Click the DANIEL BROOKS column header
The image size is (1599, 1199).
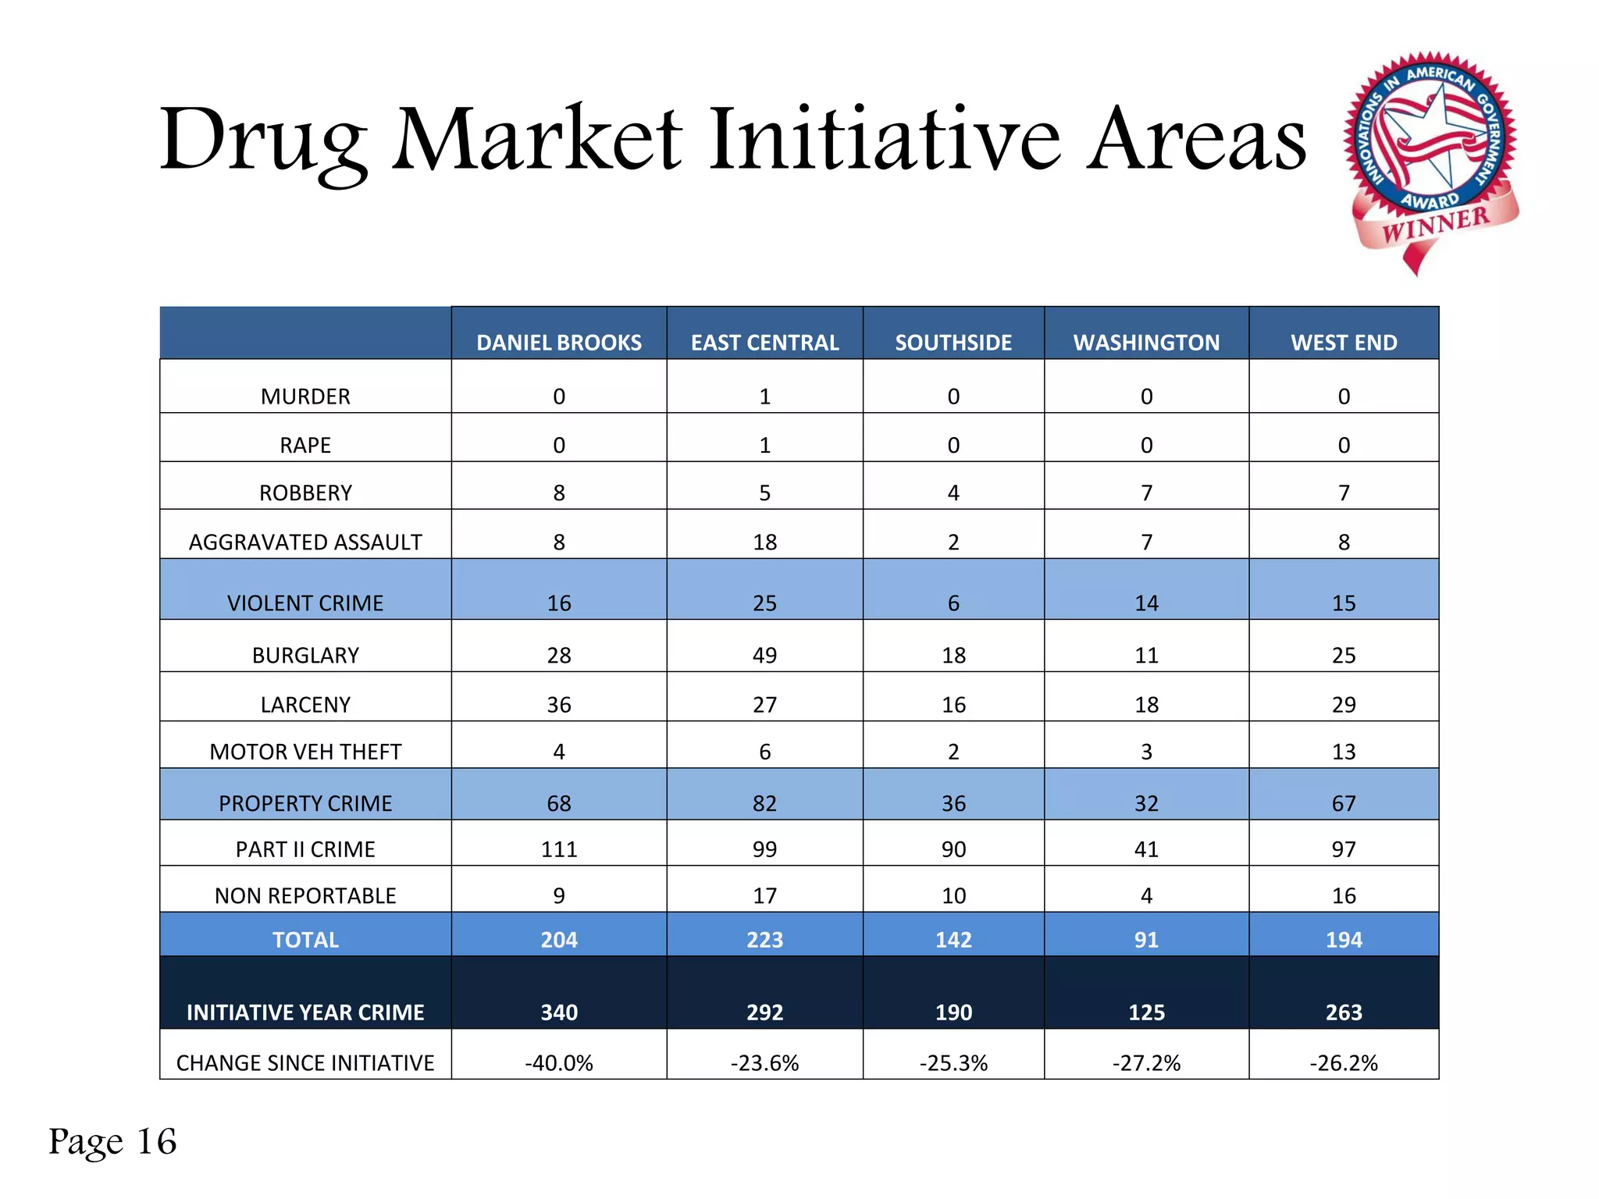559,342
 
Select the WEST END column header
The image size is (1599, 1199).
1344,342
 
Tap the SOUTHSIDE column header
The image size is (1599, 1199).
953,342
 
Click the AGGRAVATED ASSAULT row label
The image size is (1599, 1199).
305,542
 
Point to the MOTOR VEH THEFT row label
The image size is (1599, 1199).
305,752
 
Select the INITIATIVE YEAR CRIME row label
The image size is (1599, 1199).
305,1012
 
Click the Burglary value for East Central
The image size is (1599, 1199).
764,655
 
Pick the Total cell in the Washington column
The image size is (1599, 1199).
1146,939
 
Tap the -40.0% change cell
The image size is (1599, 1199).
559,1062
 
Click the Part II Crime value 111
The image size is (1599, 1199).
559,849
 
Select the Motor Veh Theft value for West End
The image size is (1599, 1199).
1344,752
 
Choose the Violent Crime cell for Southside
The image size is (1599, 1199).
953,603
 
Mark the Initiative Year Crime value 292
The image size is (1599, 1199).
764,1012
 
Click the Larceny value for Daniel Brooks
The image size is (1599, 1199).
559,704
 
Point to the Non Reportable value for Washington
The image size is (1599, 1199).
1146,895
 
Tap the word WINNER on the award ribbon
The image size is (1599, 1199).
1436,224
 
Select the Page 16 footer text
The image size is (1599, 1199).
112,1141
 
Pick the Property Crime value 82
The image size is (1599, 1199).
764,803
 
